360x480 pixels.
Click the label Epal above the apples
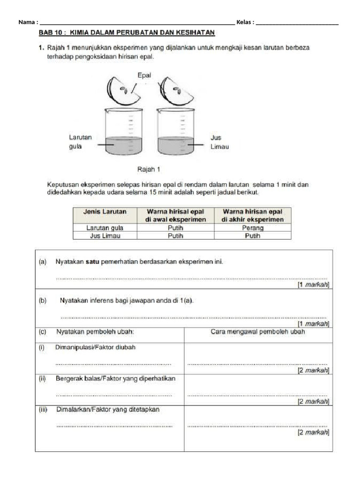point(144,75)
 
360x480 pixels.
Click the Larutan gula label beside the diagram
point(80,142)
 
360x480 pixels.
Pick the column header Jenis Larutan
point(105,212)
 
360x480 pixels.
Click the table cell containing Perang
point(253,228)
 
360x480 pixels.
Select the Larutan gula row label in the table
point(105,228)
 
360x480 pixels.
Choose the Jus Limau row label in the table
point(105,236)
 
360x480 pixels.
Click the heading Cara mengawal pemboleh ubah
point(258,332)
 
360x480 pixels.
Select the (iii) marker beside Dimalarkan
point(44,409)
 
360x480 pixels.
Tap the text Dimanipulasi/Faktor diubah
point(96,347)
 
